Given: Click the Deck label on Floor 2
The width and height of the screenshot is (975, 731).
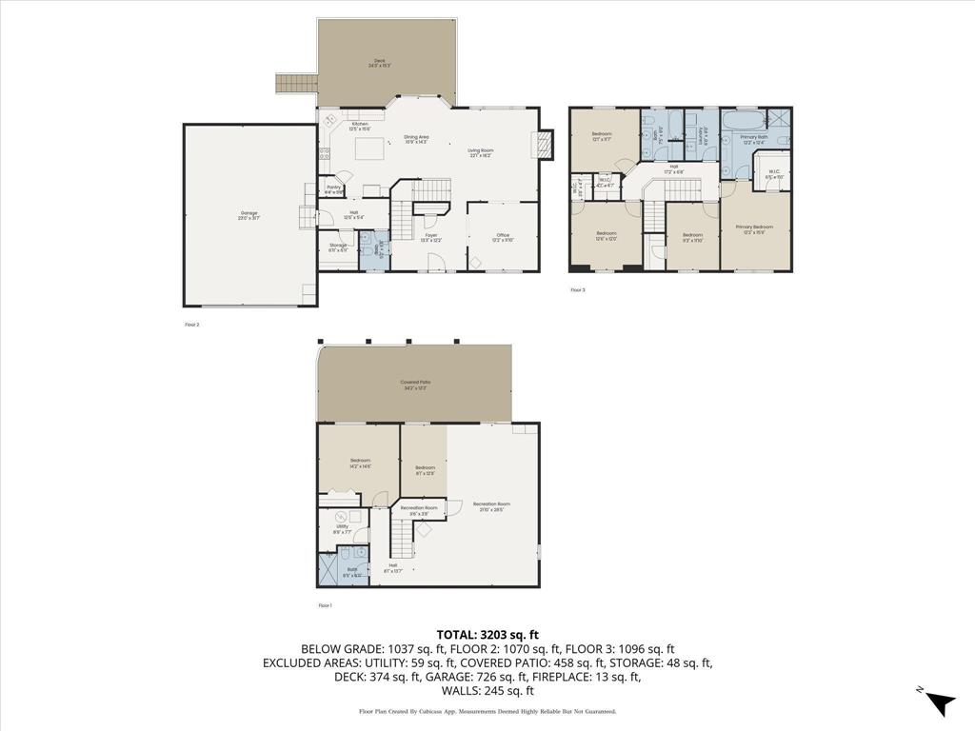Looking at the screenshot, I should coord(379,63).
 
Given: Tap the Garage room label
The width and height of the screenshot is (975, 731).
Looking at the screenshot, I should coord(249,215).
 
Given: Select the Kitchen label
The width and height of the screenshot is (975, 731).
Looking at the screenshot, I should coord(360,126).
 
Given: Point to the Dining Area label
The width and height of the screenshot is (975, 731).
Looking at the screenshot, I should coord(416,139).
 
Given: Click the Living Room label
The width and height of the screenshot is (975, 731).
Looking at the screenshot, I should coord(480,152).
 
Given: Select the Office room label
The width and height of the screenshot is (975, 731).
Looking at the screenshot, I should coord(503,237).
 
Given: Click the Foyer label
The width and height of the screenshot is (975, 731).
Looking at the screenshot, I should coord(431,237).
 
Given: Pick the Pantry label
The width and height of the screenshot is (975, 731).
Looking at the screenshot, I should coord(334,188).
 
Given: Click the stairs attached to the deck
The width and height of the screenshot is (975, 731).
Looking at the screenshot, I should coord(296,84).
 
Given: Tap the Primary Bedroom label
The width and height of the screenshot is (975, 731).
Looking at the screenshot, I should coord(754,228).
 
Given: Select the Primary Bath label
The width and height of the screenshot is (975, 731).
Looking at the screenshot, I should coord(754,139).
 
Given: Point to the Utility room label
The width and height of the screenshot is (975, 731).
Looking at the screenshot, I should coord(342,527).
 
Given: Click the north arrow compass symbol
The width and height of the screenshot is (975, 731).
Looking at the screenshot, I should coord(941,701).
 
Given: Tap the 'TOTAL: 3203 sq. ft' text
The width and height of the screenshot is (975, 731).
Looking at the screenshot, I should coord(487,634).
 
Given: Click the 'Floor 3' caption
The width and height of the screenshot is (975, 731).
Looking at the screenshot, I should coord(578,289).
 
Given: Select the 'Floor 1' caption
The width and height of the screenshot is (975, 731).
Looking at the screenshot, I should coord(325,605).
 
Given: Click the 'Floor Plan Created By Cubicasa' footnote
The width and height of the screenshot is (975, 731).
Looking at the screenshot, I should coord(487,711).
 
